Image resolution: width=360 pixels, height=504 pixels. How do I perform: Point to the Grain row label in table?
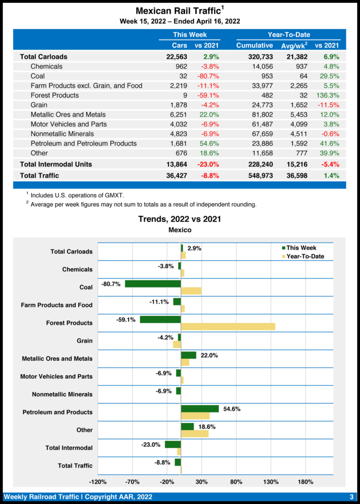point(39,105)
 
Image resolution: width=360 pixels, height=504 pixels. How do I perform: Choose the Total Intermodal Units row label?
point(56,164)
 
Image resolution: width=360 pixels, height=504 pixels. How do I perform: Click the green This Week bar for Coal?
point(153,283)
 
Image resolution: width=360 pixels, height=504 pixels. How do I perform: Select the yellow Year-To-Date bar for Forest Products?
point(228,326)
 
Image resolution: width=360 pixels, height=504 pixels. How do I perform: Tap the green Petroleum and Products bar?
point(200,409)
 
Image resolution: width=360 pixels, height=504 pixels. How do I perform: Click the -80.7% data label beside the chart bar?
point(111,284)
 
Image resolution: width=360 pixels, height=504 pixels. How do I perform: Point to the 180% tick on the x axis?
point(306,481)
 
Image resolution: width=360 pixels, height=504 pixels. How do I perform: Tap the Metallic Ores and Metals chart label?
point(57,359)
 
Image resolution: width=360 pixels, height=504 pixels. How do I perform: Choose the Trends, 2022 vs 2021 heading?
point(179,219)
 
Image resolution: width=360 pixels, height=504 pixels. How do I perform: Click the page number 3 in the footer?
point(352,497)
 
